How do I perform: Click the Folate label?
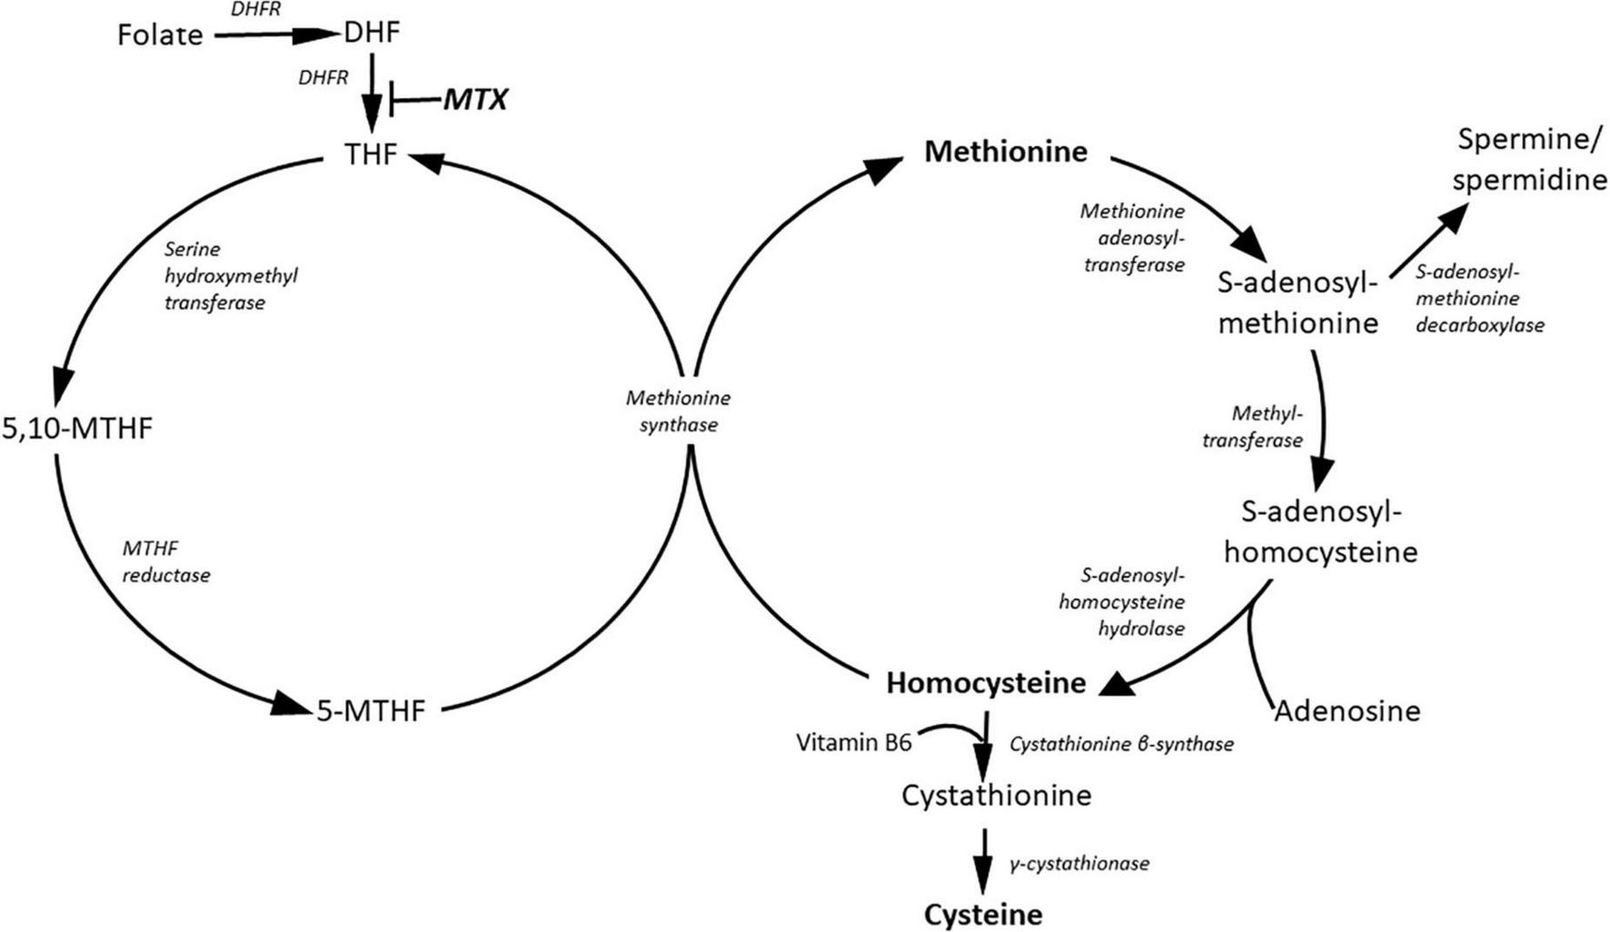(x=160, y=35)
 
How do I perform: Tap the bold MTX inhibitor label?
(x=475, y=99)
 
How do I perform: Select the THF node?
(x=371, y=154)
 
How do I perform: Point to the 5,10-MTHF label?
(x=77, y=428)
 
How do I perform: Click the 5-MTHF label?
(x=371, y=710)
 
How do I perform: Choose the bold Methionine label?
(x=1006, y=151)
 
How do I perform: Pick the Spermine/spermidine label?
(x=1530, y=160)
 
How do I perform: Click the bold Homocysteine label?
(x=986, y=683)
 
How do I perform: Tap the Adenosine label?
(x=1347, y=710)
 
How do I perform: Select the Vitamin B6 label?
(x=854, y=742)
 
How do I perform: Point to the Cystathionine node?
(x=996, y=796)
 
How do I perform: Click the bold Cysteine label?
(x=983, y=914)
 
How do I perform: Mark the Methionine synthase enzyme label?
(x=678, y=411)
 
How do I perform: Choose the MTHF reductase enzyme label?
(x=166, y=561)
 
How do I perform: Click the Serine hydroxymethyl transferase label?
(x=231, y=275)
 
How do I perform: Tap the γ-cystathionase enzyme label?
(x=1079, y=863)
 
